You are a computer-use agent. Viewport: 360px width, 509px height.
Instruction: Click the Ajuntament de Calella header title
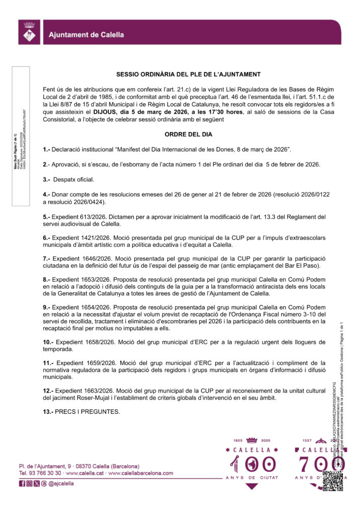point(86,35)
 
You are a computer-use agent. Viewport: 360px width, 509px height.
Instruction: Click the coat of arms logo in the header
point(29,33)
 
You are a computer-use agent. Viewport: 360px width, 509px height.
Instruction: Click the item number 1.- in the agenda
point(46,149)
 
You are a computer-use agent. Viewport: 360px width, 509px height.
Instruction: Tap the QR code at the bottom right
point(333,480)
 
